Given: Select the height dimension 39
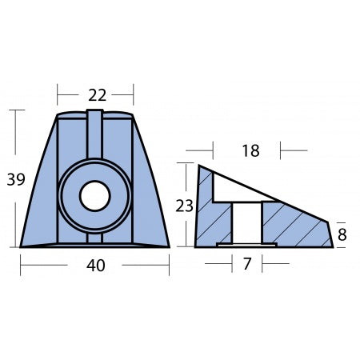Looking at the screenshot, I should [15, 181].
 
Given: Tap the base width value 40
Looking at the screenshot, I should [95, 266].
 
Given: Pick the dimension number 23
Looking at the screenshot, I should [185, 206].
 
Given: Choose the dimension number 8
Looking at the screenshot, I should [342, 235].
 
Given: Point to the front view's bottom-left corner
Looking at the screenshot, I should [22, 246].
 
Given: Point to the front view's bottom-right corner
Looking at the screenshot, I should [169, 246].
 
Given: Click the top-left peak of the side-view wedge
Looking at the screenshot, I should [199, 166].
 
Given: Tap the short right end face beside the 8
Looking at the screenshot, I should [331, 234].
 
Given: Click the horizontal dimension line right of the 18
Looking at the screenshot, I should [294, 150].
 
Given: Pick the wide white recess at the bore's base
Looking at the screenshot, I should [247, 244].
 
